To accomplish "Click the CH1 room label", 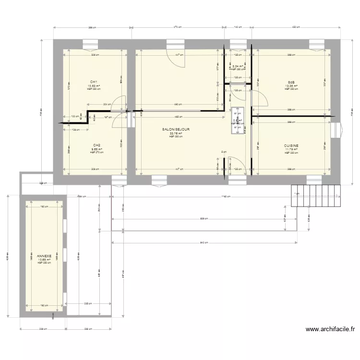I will (94, 82).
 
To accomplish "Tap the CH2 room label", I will (96, 145).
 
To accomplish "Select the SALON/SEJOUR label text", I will (176, 130).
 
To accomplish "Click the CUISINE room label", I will (291, 145).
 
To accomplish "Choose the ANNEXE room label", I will (44, 256).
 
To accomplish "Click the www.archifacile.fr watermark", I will (331, 330).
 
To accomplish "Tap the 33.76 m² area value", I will (176, 133).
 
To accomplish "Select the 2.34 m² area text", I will (238, 66).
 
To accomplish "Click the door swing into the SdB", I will (261, 98).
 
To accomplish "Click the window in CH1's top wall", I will (90, 47).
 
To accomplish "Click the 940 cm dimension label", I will (204, 243).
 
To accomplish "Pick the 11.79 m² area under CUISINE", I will (291, 150).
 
